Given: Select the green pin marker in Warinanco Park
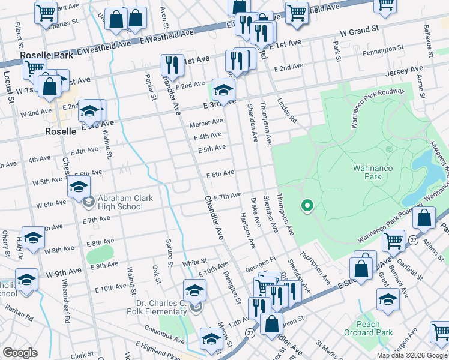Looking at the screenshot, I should coord(307,206).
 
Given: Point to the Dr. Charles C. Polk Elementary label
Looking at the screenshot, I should coord(157,307).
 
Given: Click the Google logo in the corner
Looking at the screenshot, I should coord(20,353).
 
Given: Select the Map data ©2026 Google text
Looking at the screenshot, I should coord(412,355).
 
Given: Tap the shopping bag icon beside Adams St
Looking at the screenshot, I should coord(424,220).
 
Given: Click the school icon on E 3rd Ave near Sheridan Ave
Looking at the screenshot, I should coord(223,90).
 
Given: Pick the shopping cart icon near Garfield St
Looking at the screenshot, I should coord(393,240).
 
